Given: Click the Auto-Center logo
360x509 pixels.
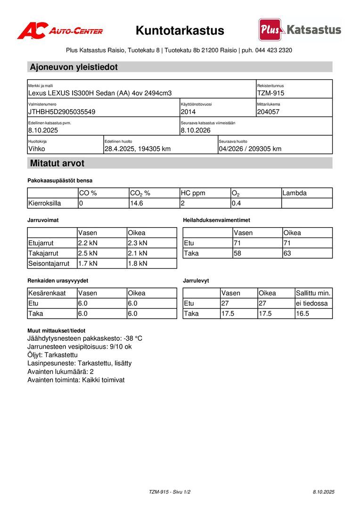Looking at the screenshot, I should pyautogui.click(x=60, y=31).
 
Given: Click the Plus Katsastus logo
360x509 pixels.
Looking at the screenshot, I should pyautogui.click(x=300, y=30).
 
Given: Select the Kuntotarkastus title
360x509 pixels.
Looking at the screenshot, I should pyautogui.click(x=180, y=31).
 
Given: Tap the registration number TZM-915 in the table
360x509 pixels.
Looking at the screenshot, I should pyautogui.click(x=270, y=93).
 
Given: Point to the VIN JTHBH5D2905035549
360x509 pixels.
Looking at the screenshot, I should pyautogui.click(x=62, y=112).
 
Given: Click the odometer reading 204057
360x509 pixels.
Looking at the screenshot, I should pyautogui.click(x=269, y=112).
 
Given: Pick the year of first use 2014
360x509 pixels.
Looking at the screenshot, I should pyautogui.click(x=188, y=112).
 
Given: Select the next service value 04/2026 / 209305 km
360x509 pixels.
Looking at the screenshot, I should pyautogui.click(x=250, y=149).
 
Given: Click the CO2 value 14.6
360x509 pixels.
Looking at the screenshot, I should pyautogui.click(x=137, y=204).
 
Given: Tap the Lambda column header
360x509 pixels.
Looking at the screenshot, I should pyautogui.click(x=295, y=193).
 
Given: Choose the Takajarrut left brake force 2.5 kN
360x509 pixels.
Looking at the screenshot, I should pyautogui.click(x=88, y=254).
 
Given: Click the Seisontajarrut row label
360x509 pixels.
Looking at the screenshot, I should pyautogui.click(x=49, y=263).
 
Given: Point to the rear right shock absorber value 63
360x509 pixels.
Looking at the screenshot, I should pyautogui.click(x=287, y=254).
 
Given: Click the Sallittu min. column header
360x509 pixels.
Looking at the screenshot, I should pyautogui.click(x=313, y=293).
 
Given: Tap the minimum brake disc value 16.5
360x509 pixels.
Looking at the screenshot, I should pyautogui.click(x=303, y=314).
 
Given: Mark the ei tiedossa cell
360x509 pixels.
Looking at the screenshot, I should pyautogui.click(x=312, y=304).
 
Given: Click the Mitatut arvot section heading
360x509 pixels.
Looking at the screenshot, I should pyautogui.click(x=57, y=164).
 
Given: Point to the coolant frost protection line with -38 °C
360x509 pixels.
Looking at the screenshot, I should pyautogui.click(x=85, y=339).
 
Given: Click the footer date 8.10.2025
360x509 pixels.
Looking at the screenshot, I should pyautogui.click(x=323, y=492).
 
